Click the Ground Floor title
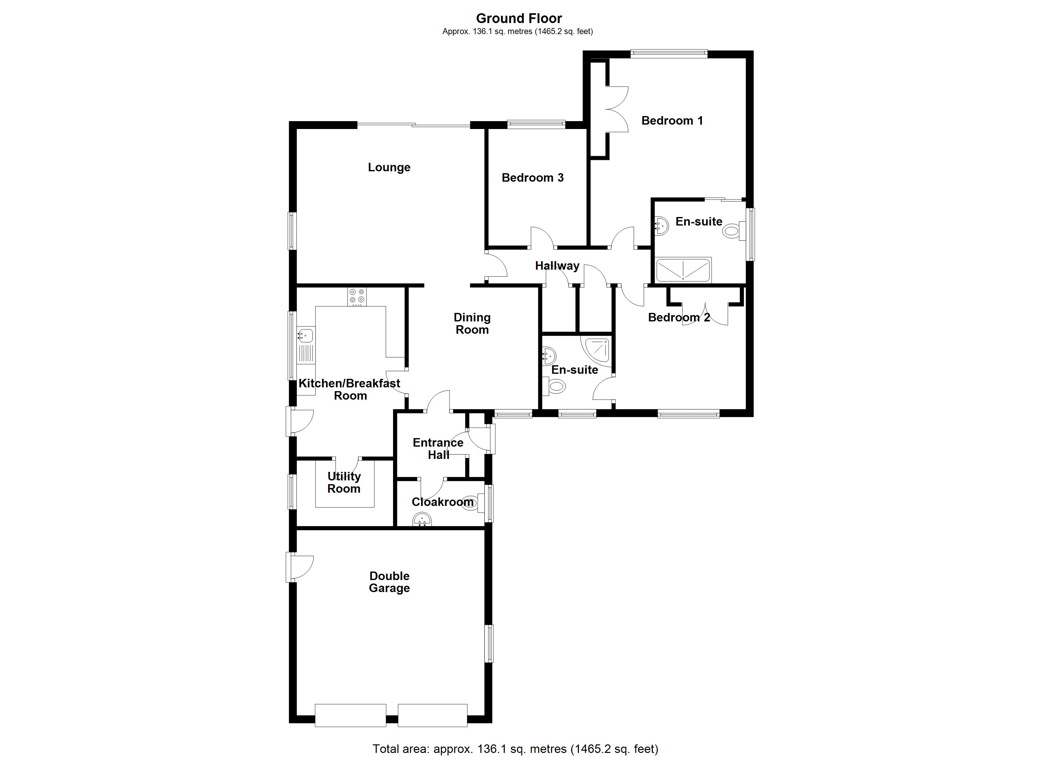[x=519, y=18]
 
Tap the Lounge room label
[x=389, y=167]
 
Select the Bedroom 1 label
[x=672, y=121]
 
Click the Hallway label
[x=557, y=266]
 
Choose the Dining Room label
[x=472, y=324]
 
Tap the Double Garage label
[x=389, y=582]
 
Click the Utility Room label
[x=344, y=483]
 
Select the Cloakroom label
[x=443, y=502]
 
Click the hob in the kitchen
[x=357, y=296]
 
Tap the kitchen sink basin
[x=305, y=336]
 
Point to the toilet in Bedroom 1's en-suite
[x=732, y=230]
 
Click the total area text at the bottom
[x=515, y=749]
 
